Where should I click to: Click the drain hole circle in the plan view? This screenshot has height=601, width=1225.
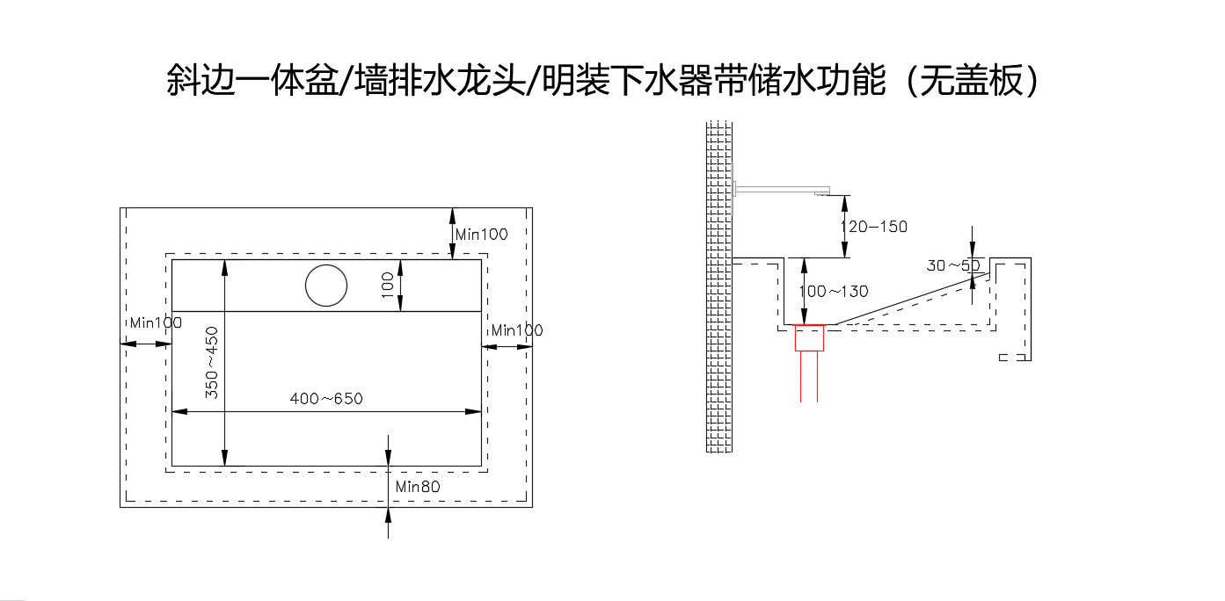click(x=326, y=285)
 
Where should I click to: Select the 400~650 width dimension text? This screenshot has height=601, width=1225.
click(x=326, y=399)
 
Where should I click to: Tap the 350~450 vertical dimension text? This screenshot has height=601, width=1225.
click(x=212, y=363)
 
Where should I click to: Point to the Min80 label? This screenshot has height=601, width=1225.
click(x=417, y=486)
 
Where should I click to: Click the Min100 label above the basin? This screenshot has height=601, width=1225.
click(x=482, y=235)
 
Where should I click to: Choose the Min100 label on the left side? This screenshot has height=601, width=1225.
click(x=156, y=322)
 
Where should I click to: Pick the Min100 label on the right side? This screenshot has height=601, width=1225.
click(x=517, y=330)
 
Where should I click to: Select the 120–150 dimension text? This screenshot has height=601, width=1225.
click(x=874, y=227)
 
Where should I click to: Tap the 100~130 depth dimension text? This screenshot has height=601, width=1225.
click(x=834, y=291)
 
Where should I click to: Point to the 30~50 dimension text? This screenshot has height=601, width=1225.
click(x=953, y=264)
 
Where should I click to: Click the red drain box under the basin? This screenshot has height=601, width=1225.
click(x=810, y=338)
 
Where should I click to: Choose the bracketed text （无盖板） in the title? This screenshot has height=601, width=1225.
click(x=970, y=81)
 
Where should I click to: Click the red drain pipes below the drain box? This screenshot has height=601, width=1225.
click(x=810, y=378)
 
